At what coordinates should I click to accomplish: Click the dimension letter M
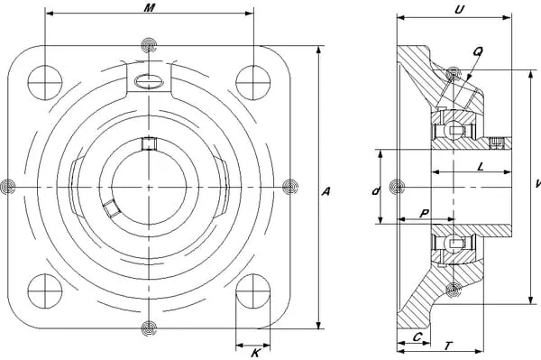149,7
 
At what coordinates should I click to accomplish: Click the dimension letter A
326,191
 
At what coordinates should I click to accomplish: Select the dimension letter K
255,353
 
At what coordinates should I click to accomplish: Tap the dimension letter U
459,10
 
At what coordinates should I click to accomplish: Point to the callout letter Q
478,51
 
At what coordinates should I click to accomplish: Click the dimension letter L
481,167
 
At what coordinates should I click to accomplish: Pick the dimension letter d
376,191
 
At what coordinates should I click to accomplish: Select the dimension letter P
425,213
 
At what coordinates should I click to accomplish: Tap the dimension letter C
417,337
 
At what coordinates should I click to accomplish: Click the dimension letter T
448,346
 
